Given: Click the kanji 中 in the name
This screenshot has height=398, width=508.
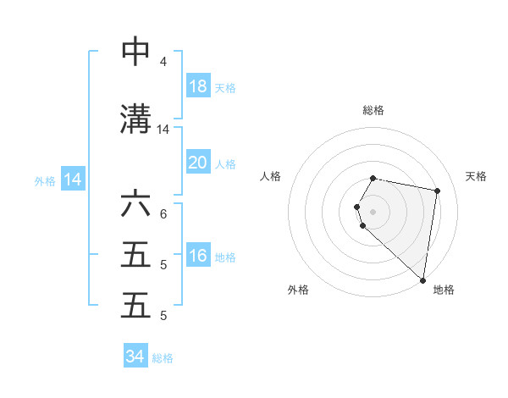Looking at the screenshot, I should point(136,52).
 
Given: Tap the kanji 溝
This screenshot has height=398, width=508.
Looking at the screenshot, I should point(136,119).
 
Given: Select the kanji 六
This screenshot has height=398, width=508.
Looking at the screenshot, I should point(136,205).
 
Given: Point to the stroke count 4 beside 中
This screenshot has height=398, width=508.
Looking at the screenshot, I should point(163,62).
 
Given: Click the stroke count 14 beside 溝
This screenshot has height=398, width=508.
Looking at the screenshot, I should point(163,130).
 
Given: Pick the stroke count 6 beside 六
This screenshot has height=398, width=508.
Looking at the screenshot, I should point(163,214).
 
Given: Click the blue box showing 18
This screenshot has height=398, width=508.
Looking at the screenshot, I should point(198,86).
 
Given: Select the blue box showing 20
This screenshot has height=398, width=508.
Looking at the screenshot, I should point(198,163).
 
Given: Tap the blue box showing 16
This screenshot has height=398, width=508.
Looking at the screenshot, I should point(198,257).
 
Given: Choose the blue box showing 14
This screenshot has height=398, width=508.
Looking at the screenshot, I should point(72,180).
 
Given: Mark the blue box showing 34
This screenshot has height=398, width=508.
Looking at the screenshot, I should point(135,357).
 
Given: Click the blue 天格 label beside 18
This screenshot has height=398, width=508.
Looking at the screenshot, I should point(225,87).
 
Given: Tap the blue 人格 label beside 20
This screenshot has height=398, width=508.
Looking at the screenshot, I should point(225,163).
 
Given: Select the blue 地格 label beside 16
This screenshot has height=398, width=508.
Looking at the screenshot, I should point(225,257).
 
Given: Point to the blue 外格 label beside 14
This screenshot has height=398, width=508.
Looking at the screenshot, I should point(45,180).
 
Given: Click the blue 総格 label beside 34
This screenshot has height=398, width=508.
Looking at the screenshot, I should point(163,358).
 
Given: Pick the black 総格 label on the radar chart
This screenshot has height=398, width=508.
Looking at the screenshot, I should point(373,110).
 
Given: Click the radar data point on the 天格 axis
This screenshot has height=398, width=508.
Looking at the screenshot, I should point(437,191).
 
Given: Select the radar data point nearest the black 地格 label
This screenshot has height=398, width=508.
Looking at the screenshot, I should point(423,279).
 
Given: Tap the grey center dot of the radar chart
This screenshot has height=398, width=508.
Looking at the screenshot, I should point(373,211).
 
